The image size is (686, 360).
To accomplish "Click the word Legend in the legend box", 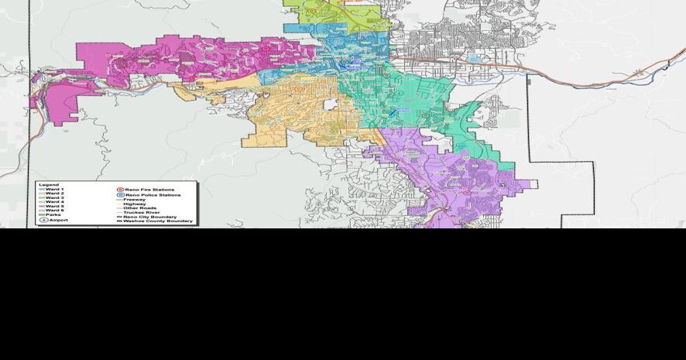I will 48,185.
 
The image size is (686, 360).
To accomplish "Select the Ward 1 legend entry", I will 53,190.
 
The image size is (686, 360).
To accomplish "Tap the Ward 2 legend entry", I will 53,194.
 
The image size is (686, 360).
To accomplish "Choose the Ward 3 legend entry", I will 53,198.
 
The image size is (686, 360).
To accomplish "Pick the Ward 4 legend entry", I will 53,202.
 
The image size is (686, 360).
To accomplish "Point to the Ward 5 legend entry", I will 53,206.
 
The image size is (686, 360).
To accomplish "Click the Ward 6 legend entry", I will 53,211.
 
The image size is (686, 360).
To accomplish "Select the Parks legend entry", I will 53,214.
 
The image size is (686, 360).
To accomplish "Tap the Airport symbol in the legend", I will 44,221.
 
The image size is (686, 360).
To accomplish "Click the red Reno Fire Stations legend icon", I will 120,190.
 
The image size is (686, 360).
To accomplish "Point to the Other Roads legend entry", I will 139,208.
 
